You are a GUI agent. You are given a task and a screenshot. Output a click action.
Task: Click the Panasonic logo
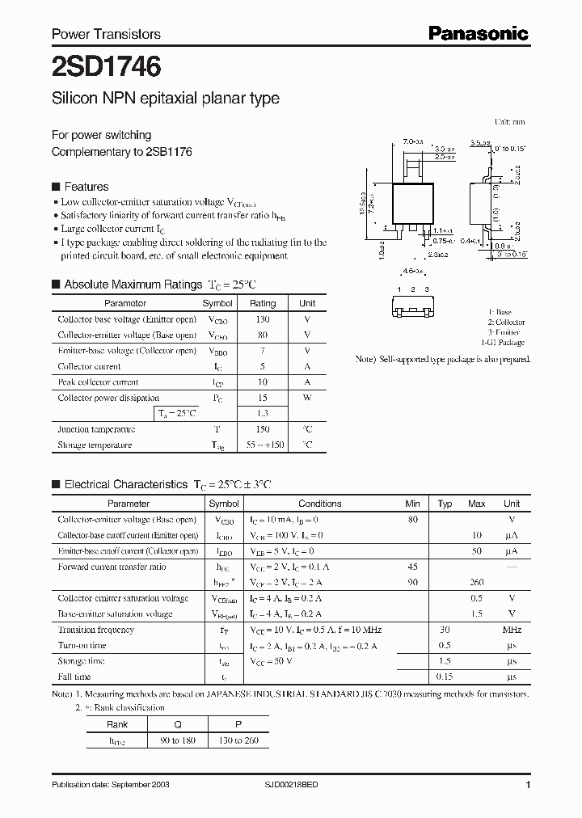[x=479, y=33]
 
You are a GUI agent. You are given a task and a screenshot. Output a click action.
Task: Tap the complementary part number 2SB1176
[x=170, y=151]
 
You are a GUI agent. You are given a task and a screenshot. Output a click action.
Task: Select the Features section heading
[x=86, y=186]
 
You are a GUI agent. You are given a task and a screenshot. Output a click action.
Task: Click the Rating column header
[x=263, y=303]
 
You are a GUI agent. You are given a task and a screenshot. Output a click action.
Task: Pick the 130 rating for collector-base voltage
[x=263, y=319]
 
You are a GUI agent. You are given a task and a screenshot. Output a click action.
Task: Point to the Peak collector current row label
[x=98, y=382]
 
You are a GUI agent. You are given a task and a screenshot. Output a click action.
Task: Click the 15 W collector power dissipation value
[x=263, y=398]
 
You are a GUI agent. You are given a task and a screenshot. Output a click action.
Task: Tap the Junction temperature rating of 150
[x=263, y=429]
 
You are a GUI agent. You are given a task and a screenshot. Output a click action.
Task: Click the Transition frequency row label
[x=95, y=630]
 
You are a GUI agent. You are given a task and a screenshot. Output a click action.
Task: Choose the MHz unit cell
[x=512, y=630]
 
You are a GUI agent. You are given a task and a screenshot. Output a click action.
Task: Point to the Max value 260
[x=477, y=582]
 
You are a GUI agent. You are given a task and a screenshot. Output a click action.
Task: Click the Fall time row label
[x=74, y=677]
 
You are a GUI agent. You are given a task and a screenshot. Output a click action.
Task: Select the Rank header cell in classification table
[x=117, y=724]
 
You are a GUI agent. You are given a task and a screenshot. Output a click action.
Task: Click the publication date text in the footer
[x=111, y=785]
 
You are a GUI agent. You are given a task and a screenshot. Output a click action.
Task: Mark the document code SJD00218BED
[x=303, y=785]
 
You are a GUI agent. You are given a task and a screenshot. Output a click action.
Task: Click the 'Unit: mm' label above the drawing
[x=509, y=121]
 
